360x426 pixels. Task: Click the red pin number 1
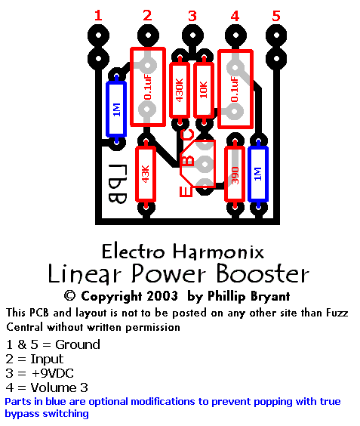click(98, 16)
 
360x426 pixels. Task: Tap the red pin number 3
click(192, 16)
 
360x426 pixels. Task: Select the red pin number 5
click(276, 16)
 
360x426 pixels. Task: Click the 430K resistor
click(180, 90)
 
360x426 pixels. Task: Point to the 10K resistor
click(204, 90)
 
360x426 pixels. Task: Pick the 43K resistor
click(146, 174)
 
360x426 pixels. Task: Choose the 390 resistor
click(235, 174)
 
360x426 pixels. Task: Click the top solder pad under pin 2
click(148, 35)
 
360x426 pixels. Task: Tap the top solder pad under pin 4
click(235, 35)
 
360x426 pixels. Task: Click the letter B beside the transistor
click(188, 161)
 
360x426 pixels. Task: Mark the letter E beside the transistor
click(186, 191)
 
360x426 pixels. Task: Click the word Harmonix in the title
click(218, 252)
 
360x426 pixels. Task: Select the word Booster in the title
click(263, 273)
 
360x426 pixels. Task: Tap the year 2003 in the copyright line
click(162, 296)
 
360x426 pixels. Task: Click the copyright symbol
click(69, 296)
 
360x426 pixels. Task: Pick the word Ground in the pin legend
click(78, 344)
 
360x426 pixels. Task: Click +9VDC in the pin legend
click(53, 373)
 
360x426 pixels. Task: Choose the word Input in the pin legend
click(47, 359)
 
